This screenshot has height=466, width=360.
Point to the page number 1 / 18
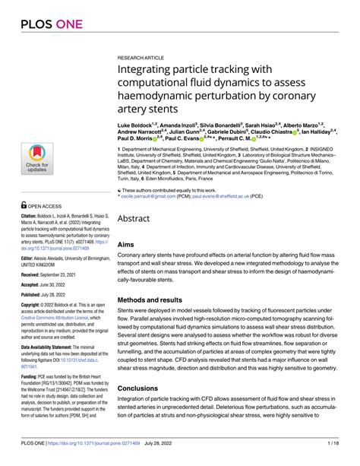(343, 456)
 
